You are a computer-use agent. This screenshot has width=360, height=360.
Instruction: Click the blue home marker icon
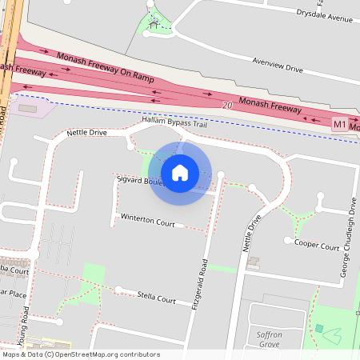point(180,172)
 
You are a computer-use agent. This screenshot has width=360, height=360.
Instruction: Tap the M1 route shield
point(340,126)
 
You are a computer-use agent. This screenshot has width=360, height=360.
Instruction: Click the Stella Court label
point(156,298)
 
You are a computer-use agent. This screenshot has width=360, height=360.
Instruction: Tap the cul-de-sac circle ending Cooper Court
point(287,239)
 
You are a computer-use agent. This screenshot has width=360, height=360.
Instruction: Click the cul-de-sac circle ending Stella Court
point(118,290)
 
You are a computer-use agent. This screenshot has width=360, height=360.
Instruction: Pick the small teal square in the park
point(319,328)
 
